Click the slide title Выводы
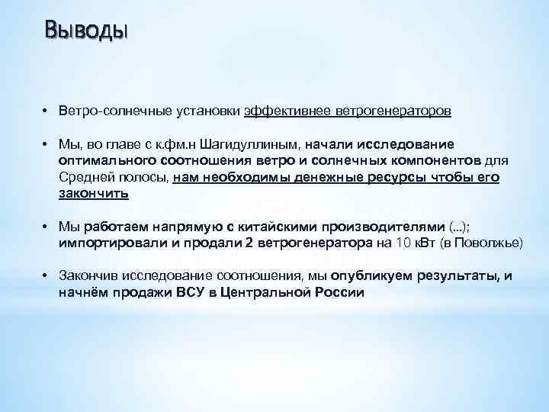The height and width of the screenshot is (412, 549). pos(86,31)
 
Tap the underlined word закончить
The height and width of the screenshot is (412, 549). pos(94,194)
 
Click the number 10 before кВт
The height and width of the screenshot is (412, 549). pos(401,243)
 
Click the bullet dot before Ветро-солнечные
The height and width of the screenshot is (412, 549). pos(46,111)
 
